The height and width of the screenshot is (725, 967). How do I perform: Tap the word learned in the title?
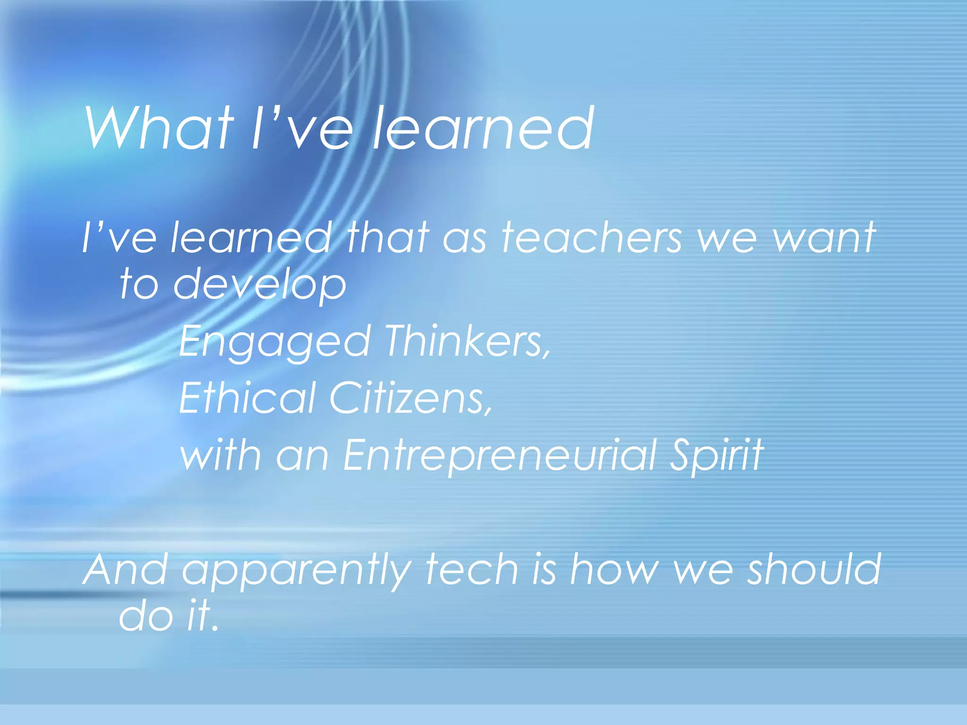click(x=483, y=128)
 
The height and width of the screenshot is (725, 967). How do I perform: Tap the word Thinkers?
click(x=467, y=341)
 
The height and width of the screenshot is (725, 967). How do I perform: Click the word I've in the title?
click(x=302, y=128)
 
